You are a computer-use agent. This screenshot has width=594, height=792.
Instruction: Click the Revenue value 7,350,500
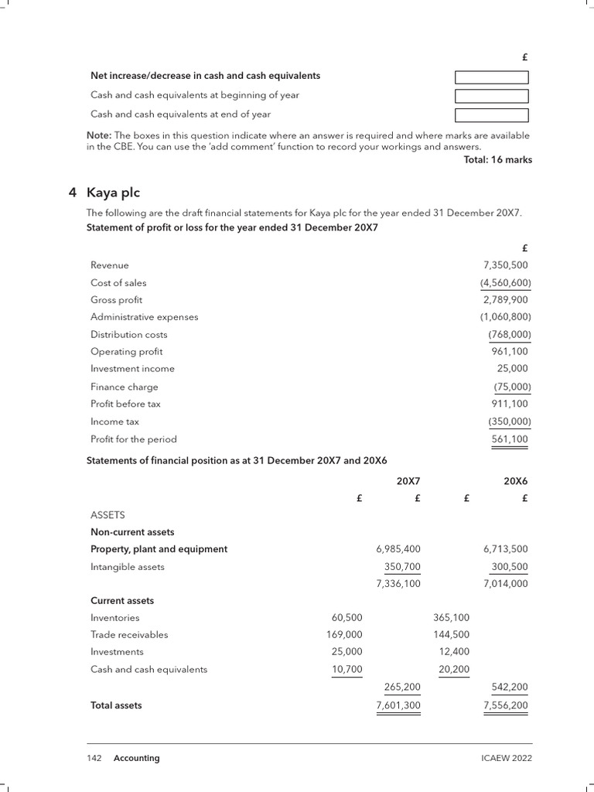click(507, 265)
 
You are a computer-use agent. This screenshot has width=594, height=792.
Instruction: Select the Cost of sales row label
click(118, 283)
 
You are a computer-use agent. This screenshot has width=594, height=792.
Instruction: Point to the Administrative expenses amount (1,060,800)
click(505, 317)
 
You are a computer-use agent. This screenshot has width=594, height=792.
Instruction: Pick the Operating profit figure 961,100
click(512, 352)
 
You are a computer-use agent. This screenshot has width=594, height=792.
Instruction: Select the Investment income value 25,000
click(514, 369)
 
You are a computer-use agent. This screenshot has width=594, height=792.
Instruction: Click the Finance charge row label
click(124, 387)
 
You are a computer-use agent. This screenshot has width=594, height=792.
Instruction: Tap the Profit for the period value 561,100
click(510, 439)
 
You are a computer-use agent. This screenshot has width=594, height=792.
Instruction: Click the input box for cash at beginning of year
click(491, 96)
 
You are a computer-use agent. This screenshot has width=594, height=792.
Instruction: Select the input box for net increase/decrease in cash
click(491, 77)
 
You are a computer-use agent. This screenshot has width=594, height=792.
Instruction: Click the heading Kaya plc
click(113, 193)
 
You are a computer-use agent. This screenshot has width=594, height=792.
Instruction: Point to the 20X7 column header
click(408, 481)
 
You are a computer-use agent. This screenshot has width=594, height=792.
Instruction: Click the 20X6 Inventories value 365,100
click(452, 618)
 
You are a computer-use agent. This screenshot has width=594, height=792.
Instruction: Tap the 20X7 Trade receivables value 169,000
click(344, 635)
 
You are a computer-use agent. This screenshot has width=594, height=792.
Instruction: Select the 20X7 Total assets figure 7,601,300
click(398, 705)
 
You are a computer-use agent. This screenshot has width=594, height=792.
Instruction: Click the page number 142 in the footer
click(94, 759)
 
